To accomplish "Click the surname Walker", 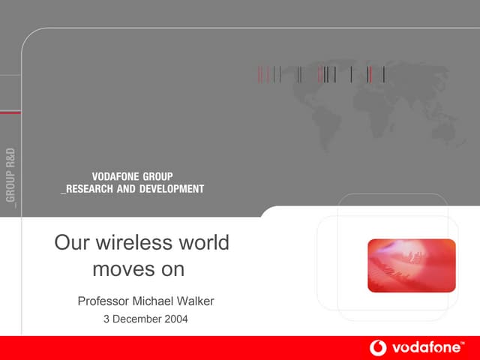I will click(x=195, y=301).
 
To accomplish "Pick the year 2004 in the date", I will click(x=175, y=319).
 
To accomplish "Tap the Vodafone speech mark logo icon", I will click(x=378, y=348).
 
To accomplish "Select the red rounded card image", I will click(x=411, y=265).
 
